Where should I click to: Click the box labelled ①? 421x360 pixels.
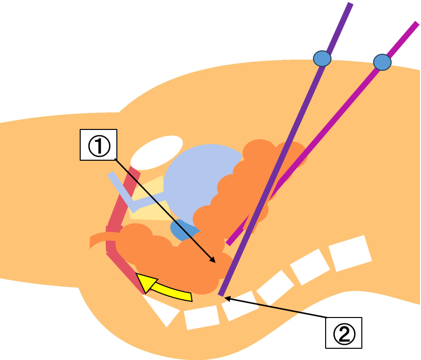tap(98, 145)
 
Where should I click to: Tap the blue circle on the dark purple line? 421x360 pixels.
tap(322, 59)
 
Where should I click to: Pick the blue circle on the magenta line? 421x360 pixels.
tap(382, 62)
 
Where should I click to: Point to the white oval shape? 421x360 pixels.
tap(156, 151)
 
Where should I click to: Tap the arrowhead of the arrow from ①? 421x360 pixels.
tap(213, 261)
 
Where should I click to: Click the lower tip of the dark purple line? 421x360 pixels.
tap(221, 295)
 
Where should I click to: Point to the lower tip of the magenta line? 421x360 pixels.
tap(228, 243)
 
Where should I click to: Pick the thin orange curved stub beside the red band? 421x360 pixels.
tap(98, 240)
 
